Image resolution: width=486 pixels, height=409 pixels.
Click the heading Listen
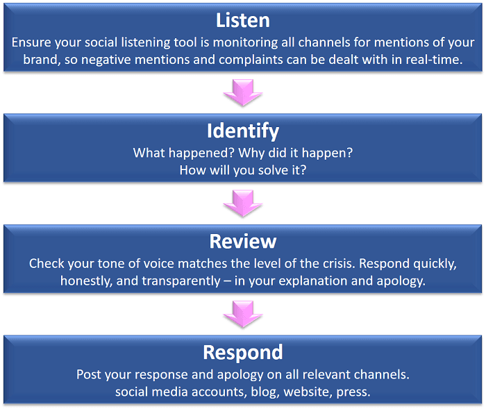pos(242,19)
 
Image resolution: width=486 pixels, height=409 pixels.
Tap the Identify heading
pos(242,130)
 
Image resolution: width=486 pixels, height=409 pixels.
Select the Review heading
pos(242,241)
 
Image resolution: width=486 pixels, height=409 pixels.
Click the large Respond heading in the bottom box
pos(242,352)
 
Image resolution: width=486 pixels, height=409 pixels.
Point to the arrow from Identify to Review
pos(242,202)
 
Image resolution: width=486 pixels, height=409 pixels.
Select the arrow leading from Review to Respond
pos(242,313)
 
